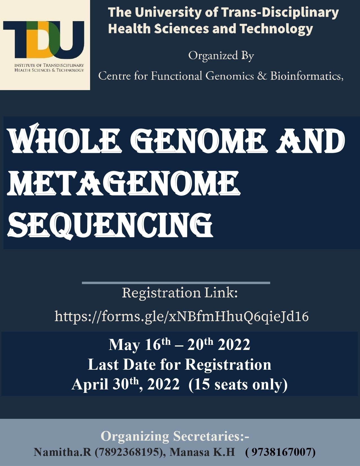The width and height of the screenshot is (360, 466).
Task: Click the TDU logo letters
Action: [43, 40]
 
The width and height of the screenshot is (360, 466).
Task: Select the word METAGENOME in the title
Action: [123, 183]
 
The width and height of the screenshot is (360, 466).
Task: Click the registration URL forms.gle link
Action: [182, 317]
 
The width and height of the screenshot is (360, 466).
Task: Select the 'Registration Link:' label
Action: [180, 293]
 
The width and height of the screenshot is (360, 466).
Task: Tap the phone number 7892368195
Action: [128, 452]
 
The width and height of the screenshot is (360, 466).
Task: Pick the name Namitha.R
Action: [62, 452]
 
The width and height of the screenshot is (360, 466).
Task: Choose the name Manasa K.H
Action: [202, 452]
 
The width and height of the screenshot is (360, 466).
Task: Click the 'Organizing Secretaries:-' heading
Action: [175, 436]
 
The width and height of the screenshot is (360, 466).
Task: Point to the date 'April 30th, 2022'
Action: [126, 384]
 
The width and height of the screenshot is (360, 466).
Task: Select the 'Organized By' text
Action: [221, 56]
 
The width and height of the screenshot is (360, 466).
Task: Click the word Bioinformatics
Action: [307, 76]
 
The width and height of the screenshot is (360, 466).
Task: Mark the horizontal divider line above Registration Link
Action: [176, 283]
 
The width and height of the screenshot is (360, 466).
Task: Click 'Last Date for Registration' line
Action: [180, 364]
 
